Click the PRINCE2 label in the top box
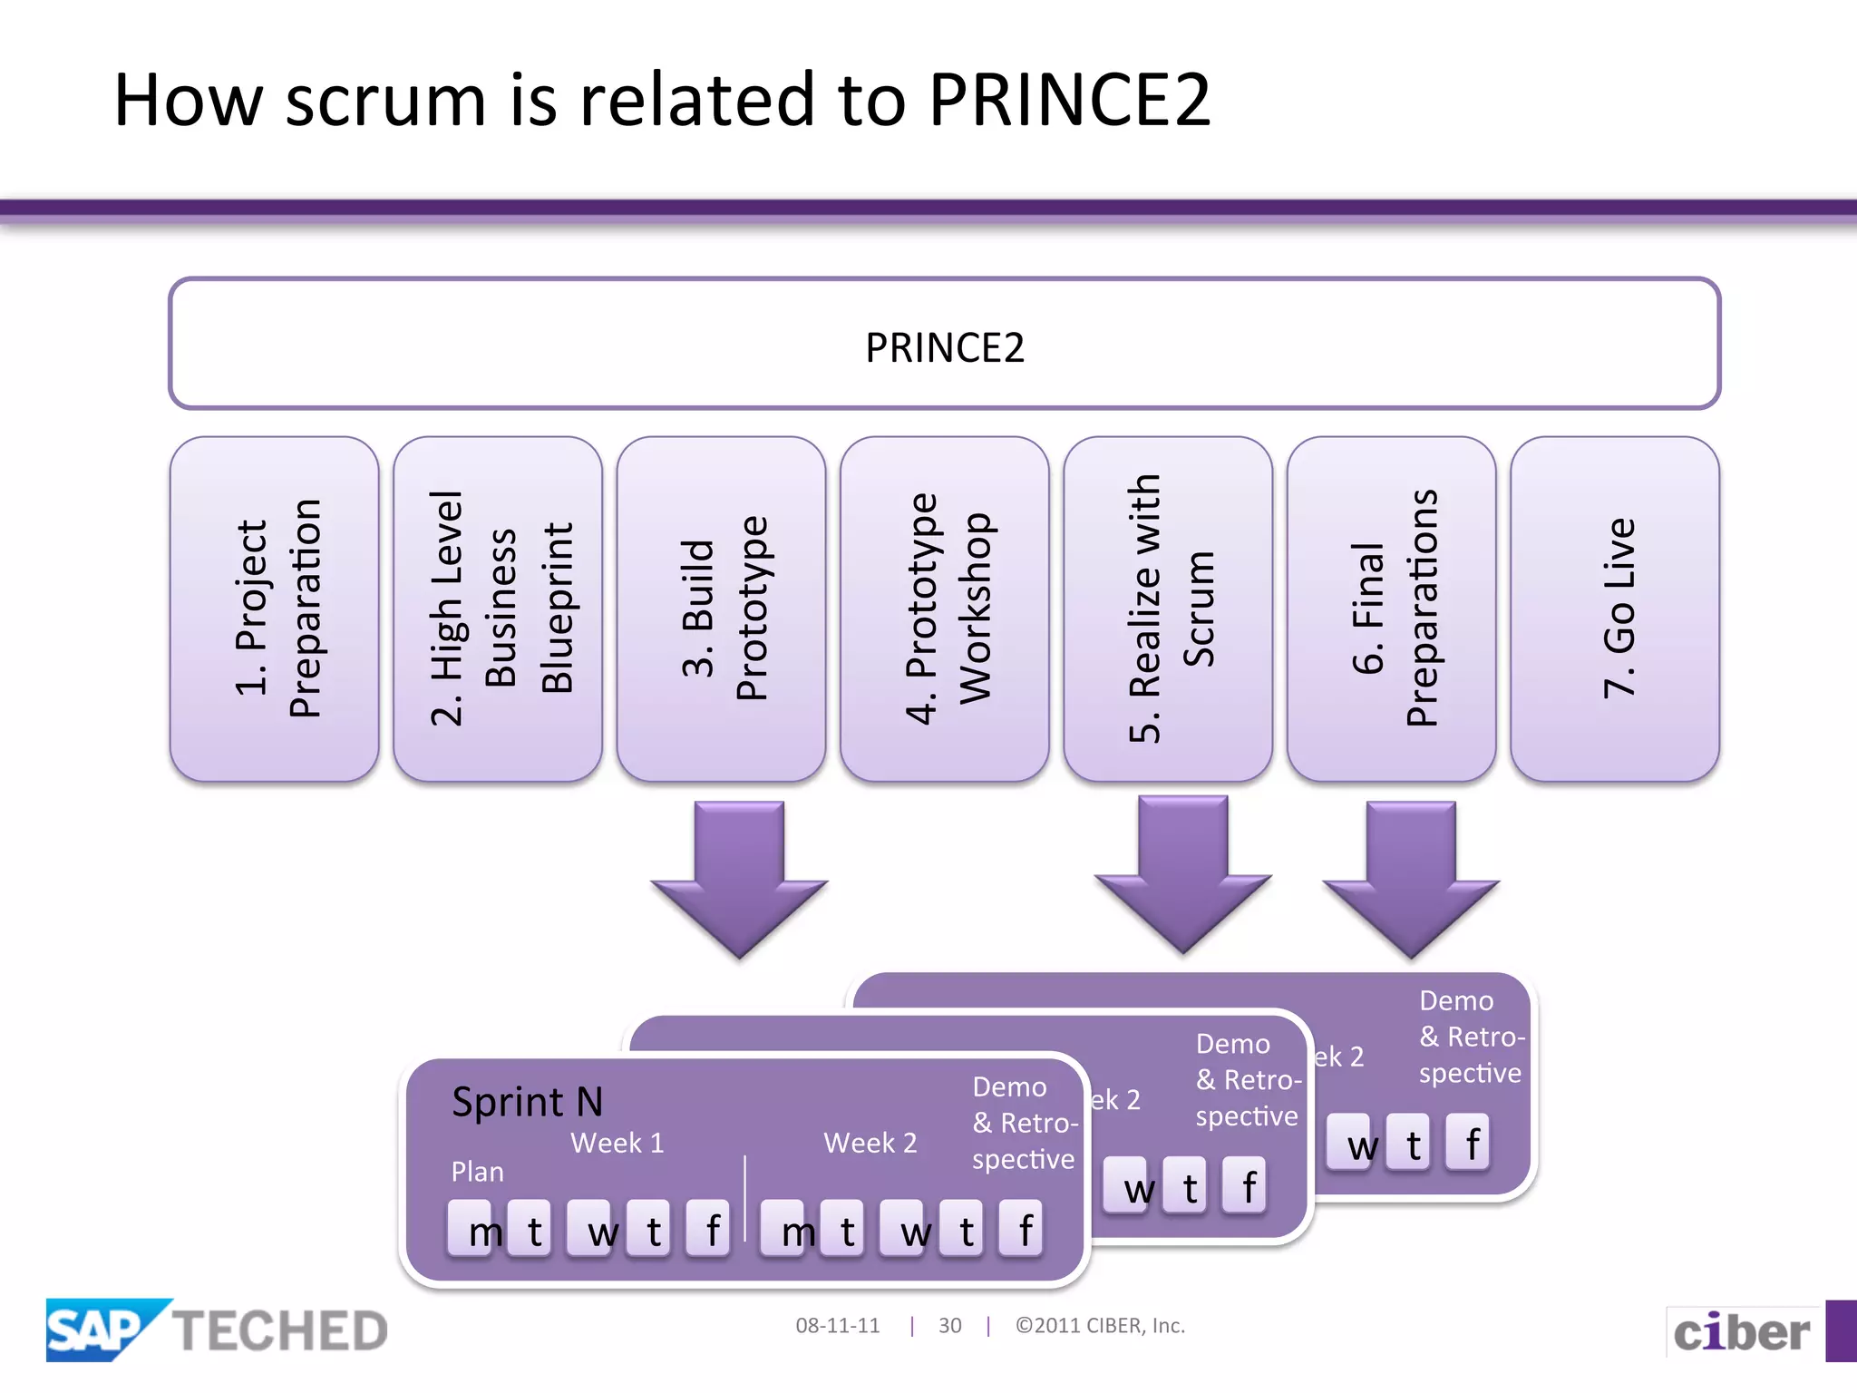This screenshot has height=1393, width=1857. coord(944,347)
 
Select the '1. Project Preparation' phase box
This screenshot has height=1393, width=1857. coord(275,609)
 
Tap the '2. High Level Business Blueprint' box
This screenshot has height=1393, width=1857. coord(498,609)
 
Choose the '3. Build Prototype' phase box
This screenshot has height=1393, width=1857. coord(722,609)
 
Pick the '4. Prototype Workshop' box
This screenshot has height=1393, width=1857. coord(945,609)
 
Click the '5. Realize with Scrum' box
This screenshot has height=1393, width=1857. coord(1168,609)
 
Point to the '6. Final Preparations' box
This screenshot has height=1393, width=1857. coord(1392,609)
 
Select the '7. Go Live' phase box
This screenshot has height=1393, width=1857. coord(1615,609)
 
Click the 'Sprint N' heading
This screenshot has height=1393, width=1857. coord(527,1102)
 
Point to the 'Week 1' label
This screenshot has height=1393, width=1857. coord(617,1143)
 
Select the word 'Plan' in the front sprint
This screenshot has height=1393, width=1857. coord(477,1172)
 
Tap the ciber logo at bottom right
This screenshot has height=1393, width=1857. coord(1741,1332)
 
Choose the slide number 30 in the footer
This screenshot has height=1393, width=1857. coord(949,1326)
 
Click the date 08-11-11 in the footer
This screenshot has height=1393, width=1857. coord(837,1326)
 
